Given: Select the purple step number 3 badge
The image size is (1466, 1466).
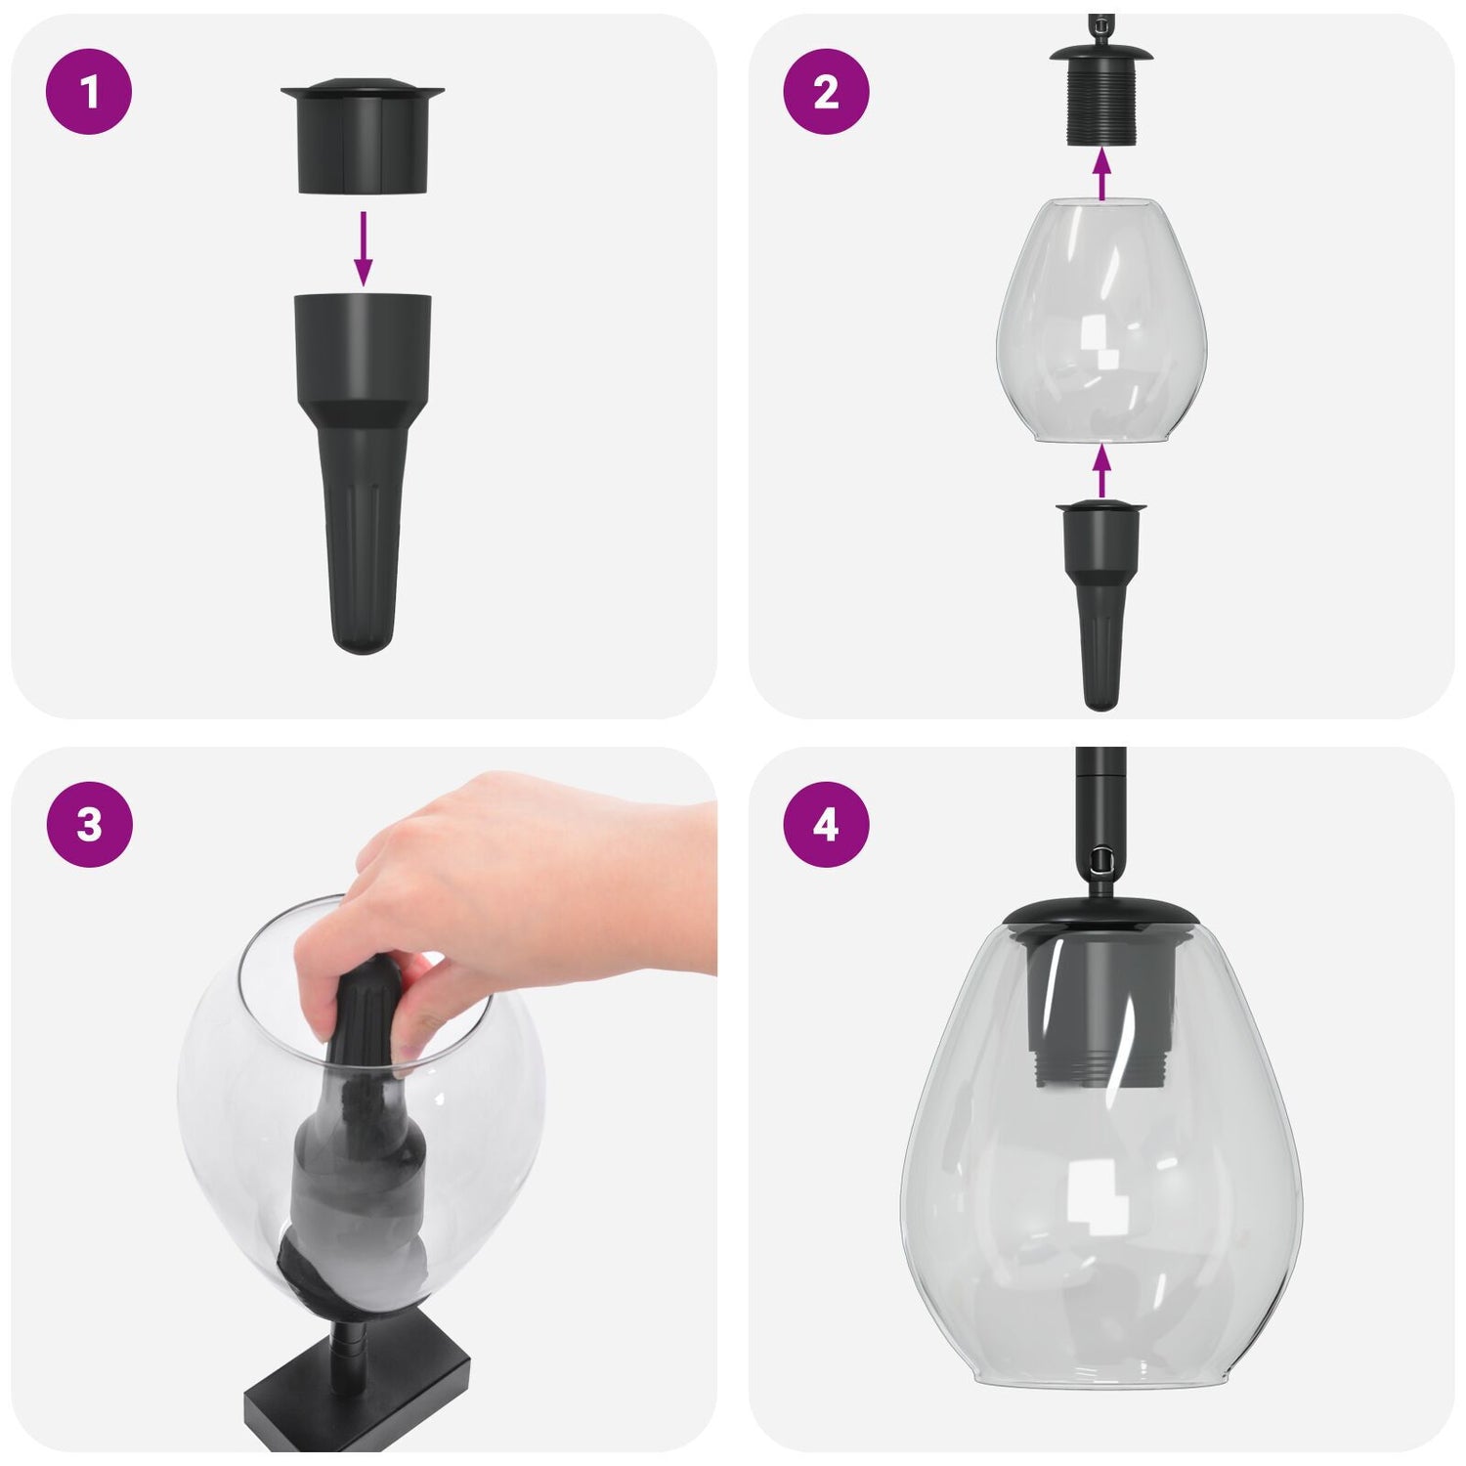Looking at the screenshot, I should click(x=89, y=825).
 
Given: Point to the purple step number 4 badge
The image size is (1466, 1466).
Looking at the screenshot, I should click(x=826, y=825).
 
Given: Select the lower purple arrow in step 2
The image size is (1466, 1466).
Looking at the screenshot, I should click(x=1102, y=470).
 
